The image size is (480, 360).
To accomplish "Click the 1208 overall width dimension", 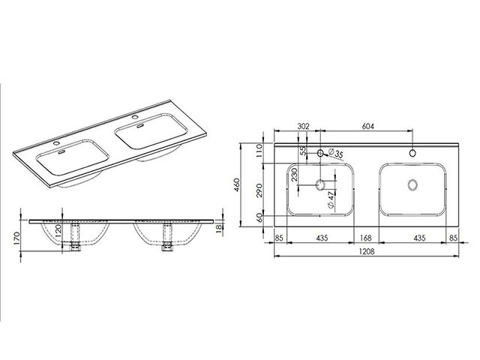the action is point(367,251).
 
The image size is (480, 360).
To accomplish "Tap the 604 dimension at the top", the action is point(368,126).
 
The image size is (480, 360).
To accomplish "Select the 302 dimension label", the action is point(303,126).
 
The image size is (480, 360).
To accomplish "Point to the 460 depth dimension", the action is point(236,184).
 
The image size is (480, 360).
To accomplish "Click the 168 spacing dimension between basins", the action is point(366,238).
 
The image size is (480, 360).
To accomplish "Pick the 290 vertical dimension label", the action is point(259,190).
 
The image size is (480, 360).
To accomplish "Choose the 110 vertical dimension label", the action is point(259,151).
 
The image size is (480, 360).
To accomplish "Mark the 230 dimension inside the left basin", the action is point(295,175).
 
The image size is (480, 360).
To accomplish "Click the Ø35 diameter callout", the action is point(335,153).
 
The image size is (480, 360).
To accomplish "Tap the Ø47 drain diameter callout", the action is point(331,200).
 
